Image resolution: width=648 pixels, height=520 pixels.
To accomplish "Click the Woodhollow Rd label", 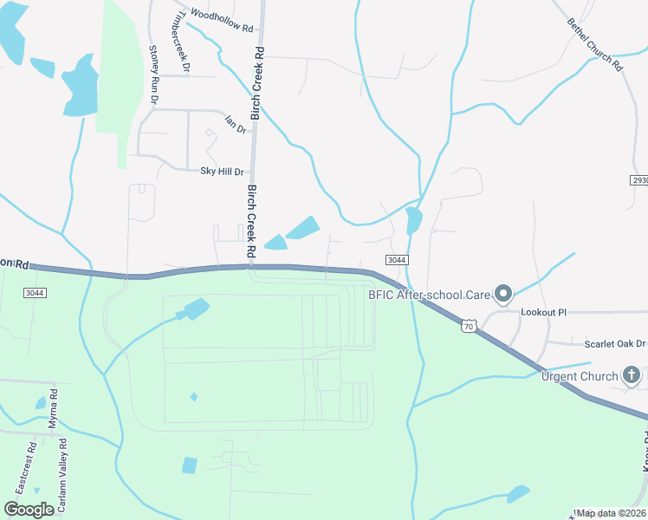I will coord(221,21).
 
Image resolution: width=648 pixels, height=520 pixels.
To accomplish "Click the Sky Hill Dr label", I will coord(222,171).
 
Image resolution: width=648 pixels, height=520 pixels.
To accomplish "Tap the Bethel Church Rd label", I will coord(595,44).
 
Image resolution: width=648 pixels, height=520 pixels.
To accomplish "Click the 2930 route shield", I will coord(639,180).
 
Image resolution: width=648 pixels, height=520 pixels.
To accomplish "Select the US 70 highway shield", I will coord(468,326).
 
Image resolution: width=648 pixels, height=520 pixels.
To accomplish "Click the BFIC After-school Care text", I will coord(430,295).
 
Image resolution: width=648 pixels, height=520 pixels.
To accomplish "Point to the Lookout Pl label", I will coord(543,311).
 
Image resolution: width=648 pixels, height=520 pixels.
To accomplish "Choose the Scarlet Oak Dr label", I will coord(615,343).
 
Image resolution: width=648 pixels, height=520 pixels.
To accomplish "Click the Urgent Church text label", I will coord(580,376).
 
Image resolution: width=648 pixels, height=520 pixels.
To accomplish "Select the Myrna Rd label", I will coord(53,405).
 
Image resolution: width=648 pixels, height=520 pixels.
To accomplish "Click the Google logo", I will coord(29,509).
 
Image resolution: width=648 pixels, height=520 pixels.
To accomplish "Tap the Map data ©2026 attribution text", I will coord(611,513).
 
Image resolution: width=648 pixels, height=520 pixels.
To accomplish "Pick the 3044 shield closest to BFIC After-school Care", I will coord(396,259).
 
